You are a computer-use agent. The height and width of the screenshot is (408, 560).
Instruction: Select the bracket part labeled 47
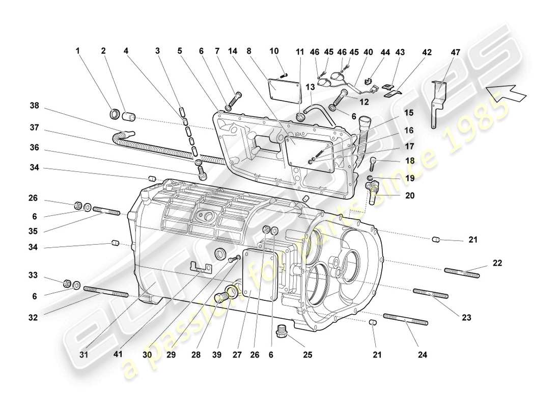click(x=436, y=105)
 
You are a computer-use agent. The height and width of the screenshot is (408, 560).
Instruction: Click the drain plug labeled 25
click(x=281, y=331)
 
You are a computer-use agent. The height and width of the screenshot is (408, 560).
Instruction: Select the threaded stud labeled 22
click(x=462, y=273)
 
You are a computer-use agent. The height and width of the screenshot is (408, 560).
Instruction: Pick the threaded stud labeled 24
click(x=405, y=319)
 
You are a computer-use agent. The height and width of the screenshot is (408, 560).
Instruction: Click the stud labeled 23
click(x=431, y=294)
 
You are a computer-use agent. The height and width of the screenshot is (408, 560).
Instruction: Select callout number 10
click(x=274, y=51)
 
